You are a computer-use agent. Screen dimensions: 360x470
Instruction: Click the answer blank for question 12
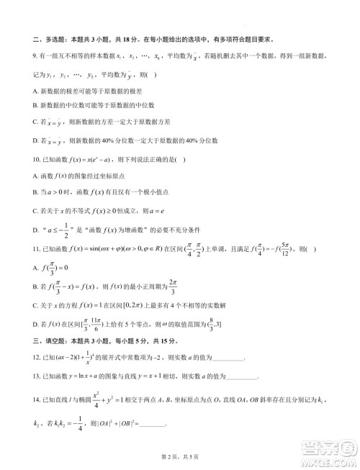tap(229, 358)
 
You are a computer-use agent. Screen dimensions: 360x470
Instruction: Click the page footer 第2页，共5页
tap(180, 456)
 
